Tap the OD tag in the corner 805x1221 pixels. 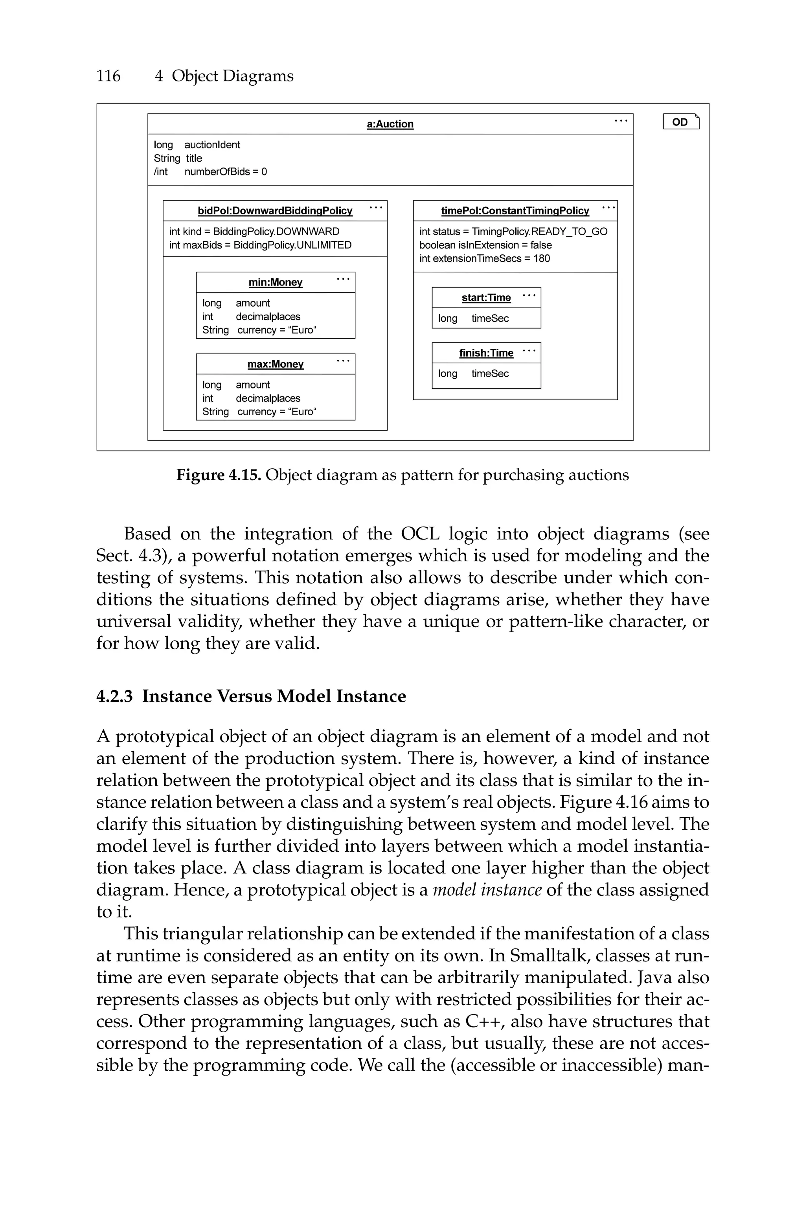681,122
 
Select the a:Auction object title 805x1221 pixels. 390,124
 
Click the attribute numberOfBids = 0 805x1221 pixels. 225,172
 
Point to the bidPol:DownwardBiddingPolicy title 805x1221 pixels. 275,211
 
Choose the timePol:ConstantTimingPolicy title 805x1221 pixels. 515,211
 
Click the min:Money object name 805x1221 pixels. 275,282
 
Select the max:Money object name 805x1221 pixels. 275,364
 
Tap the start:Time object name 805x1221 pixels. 486,298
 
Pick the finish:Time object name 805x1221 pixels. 486,353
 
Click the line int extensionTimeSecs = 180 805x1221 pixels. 484,259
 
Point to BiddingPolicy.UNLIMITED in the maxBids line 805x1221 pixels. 292,245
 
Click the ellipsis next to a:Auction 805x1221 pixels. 621,121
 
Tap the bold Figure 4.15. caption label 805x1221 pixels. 219,475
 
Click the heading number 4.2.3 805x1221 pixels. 114,697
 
